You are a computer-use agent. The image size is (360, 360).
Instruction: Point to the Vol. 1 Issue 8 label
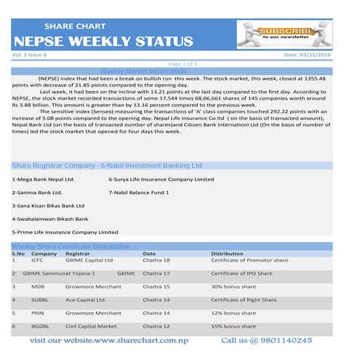click(x=30, y=55)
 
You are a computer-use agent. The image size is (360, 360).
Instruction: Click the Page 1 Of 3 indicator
click(x=182, y=64)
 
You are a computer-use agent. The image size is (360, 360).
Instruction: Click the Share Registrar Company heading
click(x=106, y=166)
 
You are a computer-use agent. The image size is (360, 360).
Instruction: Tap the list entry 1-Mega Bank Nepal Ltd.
click(x=43, y=179)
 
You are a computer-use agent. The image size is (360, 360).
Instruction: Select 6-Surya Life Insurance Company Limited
click(x=161, y=179)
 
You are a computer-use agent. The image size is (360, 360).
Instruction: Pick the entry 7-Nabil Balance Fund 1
click(x=138, y=192)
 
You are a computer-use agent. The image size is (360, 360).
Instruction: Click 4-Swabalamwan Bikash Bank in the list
click(x=49, y=218)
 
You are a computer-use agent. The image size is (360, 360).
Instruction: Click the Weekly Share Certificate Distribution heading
click(x=71, y=247)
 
